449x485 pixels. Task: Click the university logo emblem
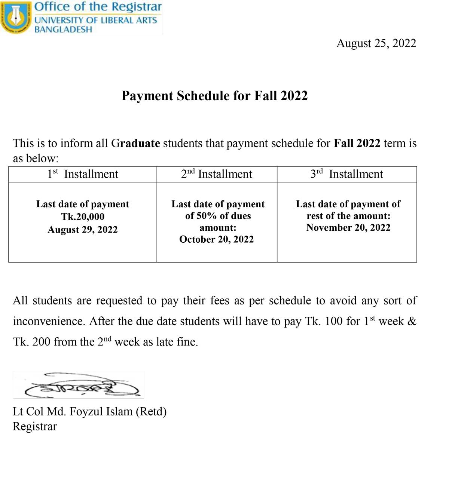tap(16, 17)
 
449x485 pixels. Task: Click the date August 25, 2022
tap(376, 43)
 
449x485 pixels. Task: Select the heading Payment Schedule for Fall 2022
tap(214, 96)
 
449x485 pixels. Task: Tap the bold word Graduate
tap(135, 143)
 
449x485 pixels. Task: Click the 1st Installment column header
tap(83, 174)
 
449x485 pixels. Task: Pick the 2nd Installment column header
tap(217, 174)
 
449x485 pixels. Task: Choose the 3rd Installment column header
tap(346, 174)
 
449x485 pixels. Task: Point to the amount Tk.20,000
tap(83, 217)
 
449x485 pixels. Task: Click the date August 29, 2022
tap(83, 230)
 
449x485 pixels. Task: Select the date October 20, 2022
tap(216, 239)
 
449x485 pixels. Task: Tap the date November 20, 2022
tap(348, 228)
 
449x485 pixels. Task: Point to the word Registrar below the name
tap(35, 427)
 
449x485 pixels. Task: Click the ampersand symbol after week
tap(412, 321)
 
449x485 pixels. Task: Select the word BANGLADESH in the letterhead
tap(63, 30)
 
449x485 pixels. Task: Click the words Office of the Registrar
tap(98, 7)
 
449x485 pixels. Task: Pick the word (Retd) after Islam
tap(151, 412)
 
